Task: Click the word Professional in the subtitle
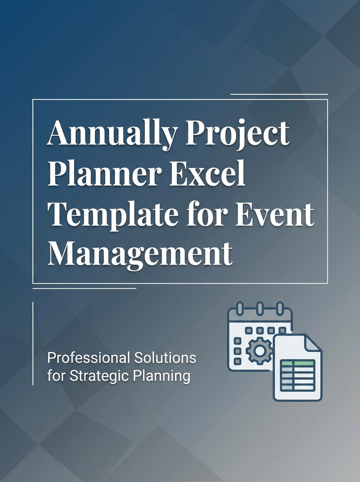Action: [x=86, y=357]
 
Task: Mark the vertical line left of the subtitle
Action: [x=33, y=343]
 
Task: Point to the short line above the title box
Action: [x=279, y=94]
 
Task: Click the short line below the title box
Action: [x=84, y=288]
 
